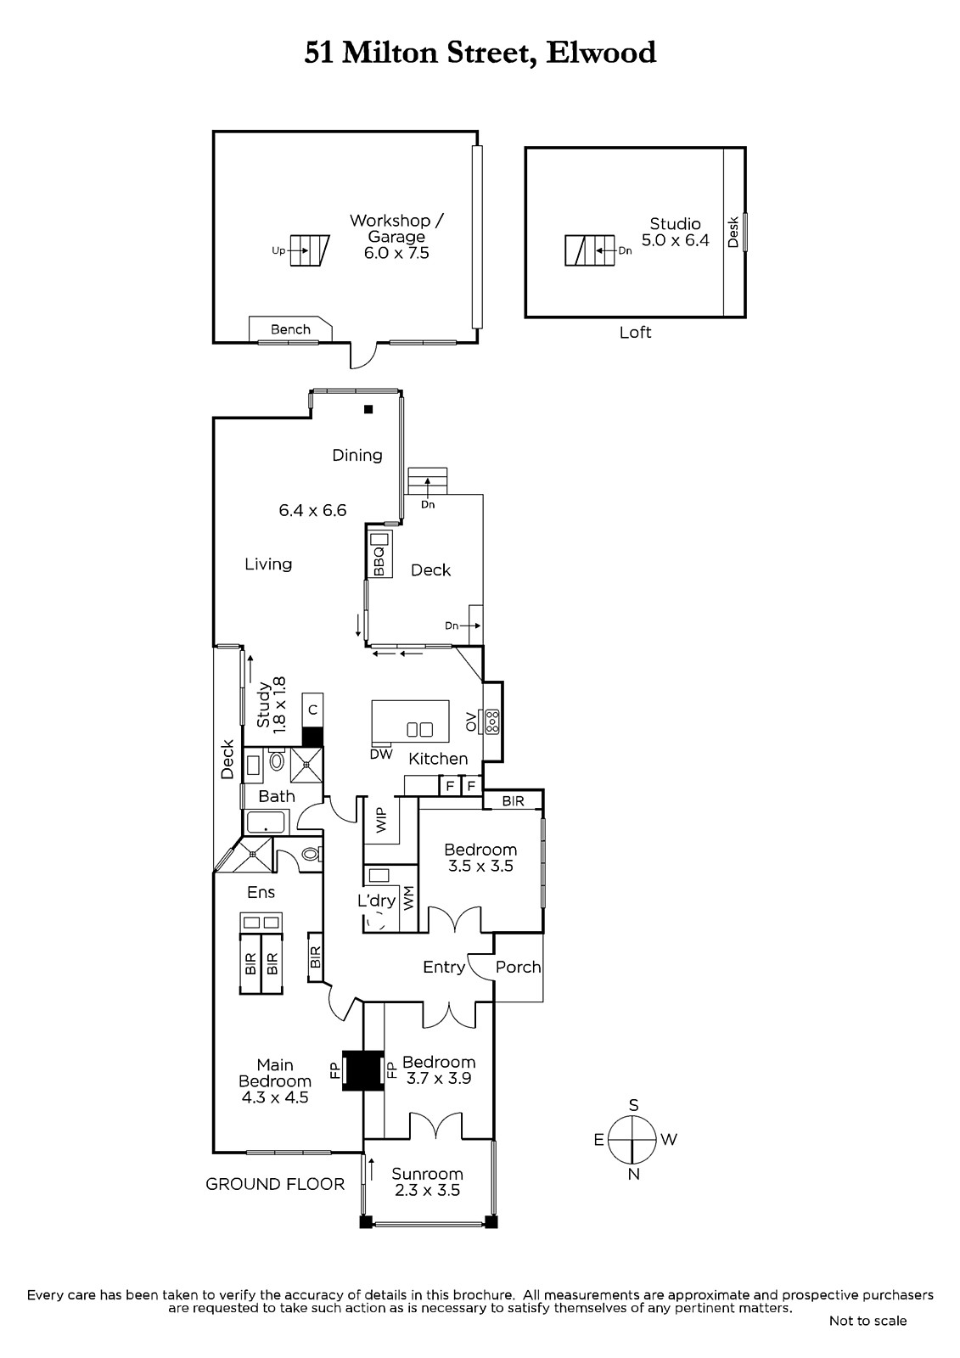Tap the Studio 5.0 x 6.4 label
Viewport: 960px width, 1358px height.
click(x=675, y=233)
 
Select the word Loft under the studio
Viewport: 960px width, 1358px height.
click(x=635, y=332)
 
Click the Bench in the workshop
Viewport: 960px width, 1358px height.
click(x=290, y=329)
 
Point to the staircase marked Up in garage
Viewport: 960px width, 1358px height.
click(x=309, y=250)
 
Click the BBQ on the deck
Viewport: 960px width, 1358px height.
click(x=379, y=554)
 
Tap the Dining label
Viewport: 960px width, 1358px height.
click(x=357, y=455)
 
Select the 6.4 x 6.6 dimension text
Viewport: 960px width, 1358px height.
click(x=312, y=510)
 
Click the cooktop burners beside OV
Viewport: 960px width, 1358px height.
click(x=491, y=721)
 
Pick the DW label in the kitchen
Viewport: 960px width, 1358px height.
click(x=381, y=755)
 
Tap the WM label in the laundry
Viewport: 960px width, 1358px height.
click(x=408, y=898)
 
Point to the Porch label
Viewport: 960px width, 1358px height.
click(x=518, y=967)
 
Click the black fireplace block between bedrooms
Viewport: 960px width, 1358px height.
click(x=362, y=1070)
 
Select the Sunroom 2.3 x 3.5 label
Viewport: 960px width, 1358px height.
click(x=427, y=1181)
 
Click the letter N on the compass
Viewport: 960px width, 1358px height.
click(x=633, y=1175)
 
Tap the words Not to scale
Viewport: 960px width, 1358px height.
click(x=867, y=1321)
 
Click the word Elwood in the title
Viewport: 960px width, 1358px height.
click(x=601, y=53)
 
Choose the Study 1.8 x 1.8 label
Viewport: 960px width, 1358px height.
click(x=271, y=705)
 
